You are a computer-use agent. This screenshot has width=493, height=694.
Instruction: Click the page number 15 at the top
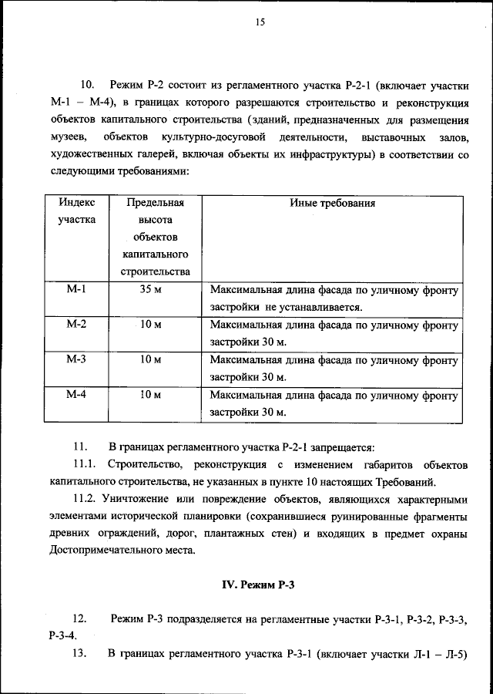click(x=260, y=23)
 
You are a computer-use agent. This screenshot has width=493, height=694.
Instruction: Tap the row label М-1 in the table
click(x=76, y=291)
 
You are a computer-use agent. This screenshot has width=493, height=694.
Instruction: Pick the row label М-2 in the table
click(x=76, y=325)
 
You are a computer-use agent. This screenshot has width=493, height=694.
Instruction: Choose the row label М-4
click(x=76, y=395)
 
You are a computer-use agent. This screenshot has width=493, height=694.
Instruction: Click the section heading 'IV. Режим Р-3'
click(x=259, y=584)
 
